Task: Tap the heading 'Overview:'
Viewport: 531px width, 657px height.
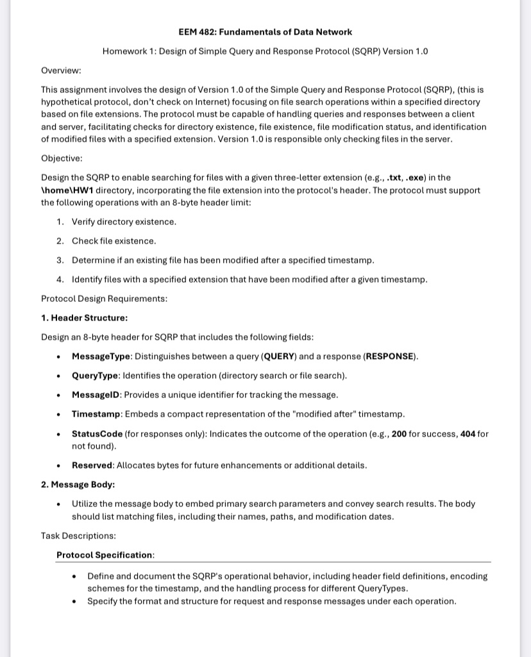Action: (61, 70)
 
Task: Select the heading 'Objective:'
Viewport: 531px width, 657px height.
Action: (62, 158)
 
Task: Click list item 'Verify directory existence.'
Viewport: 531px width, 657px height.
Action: (124, 222)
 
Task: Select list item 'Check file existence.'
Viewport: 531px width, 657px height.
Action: (114, 241)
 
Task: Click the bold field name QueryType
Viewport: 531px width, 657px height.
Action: (94, 376)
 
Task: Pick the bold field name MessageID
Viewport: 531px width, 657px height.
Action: (96, 395)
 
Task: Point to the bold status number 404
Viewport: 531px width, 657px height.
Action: (468, 434)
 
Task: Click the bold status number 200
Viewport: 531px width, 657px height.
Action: (399, 434)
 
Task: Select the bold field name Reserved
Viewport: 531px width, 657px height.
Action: (92, 465)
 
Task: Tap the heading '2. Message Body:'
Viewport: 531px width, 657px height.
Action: (78, 485)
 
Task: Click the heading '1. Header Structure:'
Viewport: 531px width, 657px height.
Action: (84, 318)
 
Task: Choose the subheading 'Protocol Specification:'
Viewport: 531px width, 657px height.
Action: (105, 555)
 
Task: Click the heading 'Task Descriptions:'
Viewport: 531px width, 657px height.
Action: (78, 536)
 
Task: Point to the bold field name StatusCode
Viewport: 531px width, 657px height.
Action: (97, 434)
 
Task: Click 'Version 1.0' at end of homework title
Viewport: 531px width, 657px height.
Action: (405, 51)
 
